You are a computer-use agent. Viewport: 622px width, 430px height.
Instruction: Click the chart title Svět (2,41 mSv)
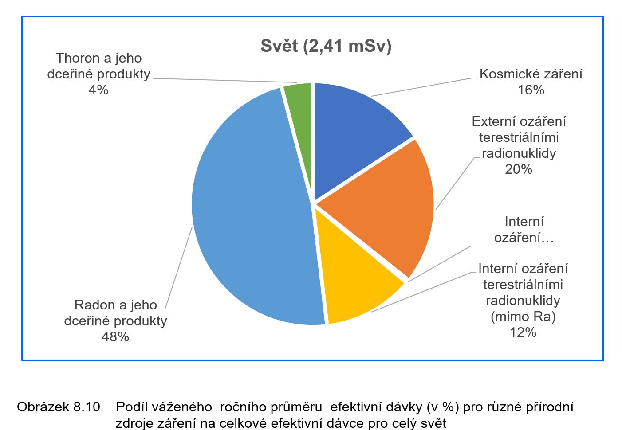pyautogui.click(x=326, y=46)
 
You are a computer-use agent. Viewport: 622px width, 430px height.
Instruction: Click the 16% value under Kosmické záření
pyautogui.click(x=531, y=90)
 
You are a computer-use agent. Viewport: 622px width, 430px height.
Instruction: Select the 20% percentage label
pyautogui.click(x=518, y=169)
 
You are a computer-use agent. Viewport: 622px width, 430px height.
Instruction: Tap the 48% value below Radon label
pyautogui.click(x=115, y=337)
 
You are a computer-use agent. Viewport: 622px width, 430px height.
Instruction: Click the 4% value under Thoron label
pyautogui.click(x=98, y=90)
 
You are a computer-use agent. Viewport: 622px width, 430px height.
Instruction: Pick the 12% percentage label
pyautogui.click(x=523, y=332)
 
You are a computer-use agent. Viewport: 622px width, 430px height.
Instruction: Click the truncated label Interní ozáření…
pyautogui.click(x=524, y=230)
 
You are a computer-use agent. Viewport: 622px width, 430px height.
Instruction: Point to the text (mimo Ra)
pyautogui.click(x=523, y=316)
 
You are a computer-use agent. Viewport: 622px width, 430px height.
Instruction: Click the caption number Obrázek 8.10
pyautogui.click(x=59, y=407)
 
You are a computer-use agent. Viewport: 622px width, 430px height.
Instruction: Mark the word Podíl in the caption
pyautogui.click(x=131, y=407)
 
